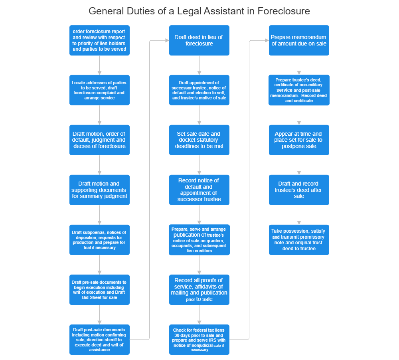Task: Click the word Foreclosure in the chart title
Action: [x=283, y=11]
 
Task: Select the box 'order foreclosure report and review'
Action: [x=99, y=40]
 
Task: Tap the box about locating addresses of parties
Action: [x=99, y=90]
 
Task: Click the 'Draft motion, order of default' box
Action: [x=99, y=140]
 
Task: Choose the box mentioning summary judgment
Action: [x=99, y=190]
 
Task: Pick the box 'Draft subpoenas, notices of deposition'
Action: [x=99, y=240]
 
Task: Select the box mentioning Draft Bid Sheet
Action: [x=99, y=290]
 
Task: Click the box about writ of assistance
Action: [x=99, y=339]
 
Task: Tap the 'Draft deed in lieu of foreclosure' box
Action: [x=199, y=40]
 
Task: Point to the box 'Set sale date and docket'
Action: [x=199, y=140]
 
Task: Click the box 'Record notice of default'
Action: [x=199, y=190]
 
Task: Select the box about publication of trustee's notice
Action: [x=199, y=240]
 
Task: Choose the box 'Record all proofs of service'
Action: [x=199, y=290]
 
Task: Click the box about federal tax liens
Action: [x=199, y=339]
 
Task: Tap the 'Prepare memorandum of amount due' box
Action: [x=298, y=40]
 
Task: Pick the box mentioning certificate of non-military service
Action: [x=298, y=90]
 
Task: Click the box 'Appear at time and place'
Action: [x=298, y=140]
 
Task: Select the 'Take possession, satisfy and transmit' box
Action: [x=298, y=240]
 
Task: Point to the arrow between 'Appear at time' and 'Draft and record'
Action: [x=299, y=165]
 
